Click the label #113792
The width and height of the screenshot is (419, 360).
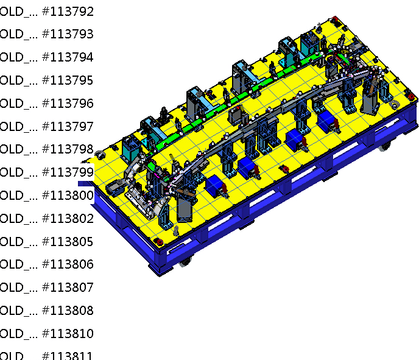[68, 11]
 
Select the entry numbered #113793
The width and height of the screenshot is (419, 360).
[68, 34]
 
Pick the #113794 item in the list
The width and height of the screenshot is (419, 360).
[68, 57]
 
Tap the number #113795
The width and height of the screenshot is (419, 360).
[68, 80]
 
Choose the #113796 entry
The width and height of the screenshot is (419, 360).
[68, 104]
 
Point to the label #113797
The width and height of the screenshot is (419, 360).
[68, 127]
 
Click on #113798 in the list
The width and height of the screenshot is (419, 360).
[68, 149]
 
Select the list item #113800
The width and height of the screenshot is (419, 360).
[68, 196]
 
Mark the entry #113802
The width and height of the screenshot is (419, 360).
[68, 219]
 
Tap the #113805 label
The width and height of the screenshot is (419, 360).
[68, 242]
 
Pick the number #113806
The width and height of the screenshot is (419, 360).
[68, 264]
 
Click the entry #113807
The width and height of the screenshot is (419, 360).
[68, 288]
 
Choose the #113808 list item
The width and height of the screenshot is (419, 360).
[68, 311]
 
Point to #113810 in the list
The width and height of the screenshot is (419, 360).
[68, 334]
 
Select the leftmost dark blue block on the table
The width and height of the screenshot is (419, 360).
[215, 186]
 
